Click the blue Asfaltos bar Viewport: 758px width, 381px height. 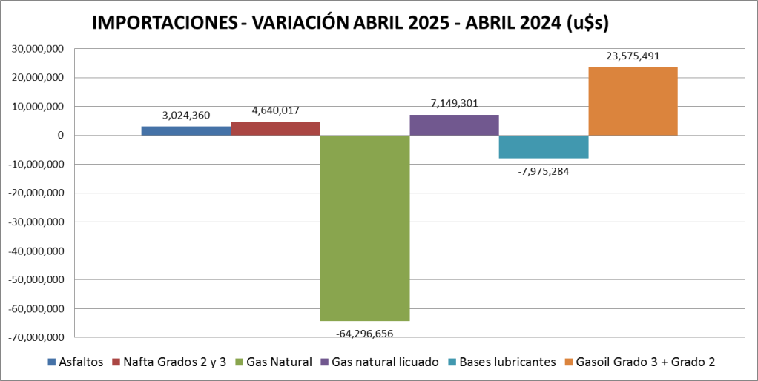pyautogui.click(x=185, y=130)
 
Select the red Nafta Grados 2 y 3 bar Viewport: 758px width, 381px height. pyautogui.click(x=275, y=128)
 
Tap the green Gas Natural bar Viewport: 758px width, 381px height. pyautogui.click(x=364, y=228)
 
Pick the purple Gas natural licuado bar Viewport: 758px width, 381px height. pyautogui.click(x=454, y=125)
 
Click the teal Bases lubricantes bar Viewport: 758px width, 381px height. pyautogui.click(x=543, y=147)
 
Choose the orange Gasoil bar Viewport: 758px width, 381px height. pyautogui.click(x=633, y=101)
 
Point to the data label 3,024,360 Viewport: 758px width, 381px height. pyautogui.click(x=186, y=116)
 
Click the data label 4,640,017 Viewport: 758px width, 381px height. pyautogui.click(x=275, y=110)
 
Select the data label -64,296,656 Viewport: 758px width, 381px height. pyautogui.click(x=364, y=333)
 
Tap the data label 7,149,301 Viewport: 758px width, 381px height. pyautogui.click(x=454, y=103)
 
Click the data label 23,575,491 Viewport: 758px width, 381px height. pyautogui.click(x=633, y=56)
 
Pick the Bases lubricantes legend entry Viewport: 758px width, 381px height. pyautogui.click(x=501, y=362)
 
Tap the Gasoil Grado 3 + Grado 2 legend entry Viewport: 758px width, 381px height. pyautogui.click(x=639, y=362)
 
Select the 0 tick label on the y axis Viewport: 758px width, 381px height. pyautogui.click(x=59, y=136)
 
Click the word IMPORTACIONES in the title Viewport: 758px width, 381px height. pyautogui.click(x=164, y=23)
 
